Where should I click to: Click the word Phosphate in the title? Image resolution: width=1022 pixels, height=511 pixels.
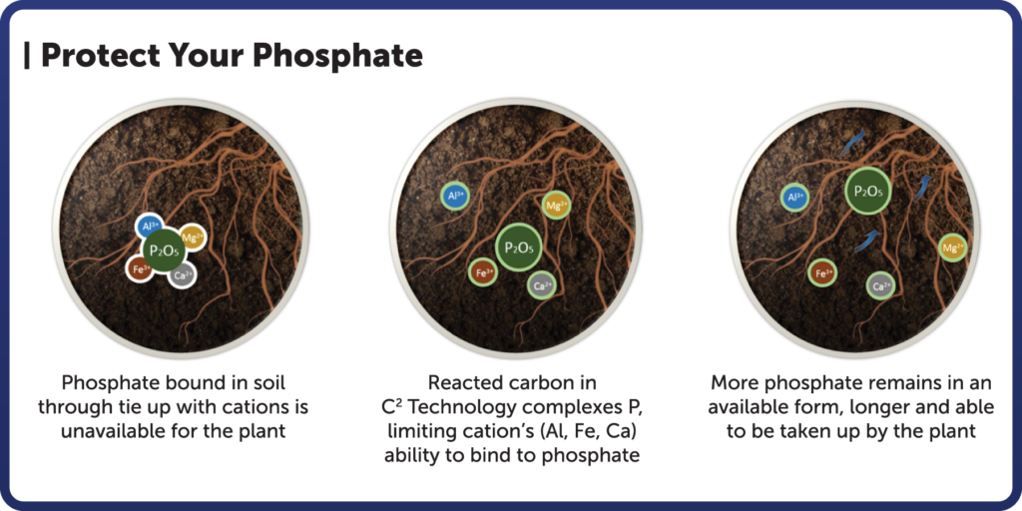pos(340,56)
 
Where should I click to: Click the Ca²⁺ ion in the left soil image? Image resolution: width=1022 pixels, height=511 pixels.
pos(181,276)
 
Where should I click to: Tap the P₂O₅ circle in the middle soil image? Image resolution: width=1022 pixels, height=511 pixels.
pos(519,247)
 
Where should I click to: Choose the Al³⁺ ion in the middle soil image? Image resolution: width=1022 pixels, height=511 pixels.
pos(454,197)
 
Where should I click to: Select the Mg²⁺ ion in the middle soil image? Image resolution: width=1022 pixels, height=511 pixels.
pos(556,206)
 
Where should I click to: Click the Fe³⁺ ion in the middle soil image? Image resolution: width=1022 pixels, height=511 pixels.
pos(483,271)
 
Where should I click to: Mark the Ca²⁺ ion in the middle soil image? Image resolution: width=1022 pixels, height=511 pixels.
pos(542,285)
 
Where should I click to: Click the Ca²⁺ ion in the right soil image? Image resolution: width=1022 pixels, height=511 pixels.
pos(879,286)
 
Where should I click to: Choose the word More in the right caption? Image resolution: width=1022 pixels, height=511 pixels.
pos(734,383)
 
